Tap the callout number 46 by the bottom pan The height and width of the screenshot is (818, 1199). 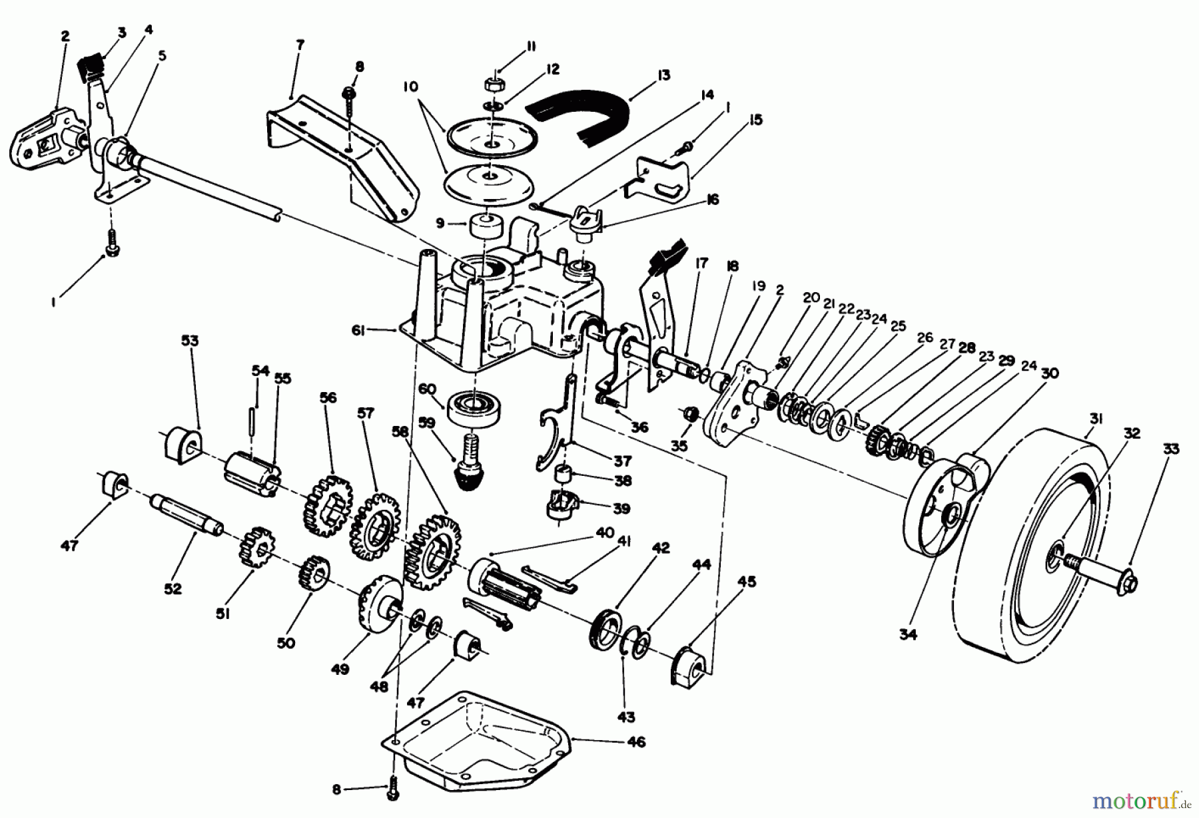636,741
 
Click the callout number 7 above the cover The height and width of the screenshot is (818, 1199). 300,45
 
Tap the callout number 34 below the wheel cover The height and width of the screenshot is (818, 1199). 907,634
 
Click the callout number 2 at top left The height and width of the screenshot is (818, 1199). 65,36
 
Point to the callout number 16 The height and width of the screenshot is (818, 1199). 712,200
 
